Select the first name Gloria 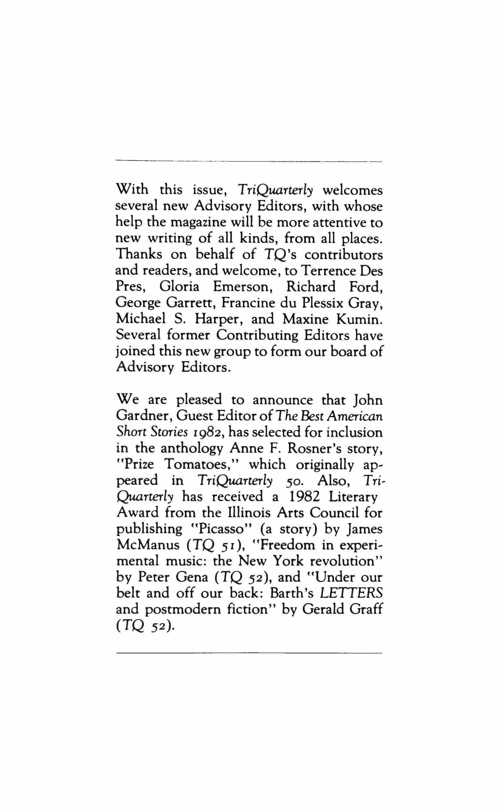coord(179,287)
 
